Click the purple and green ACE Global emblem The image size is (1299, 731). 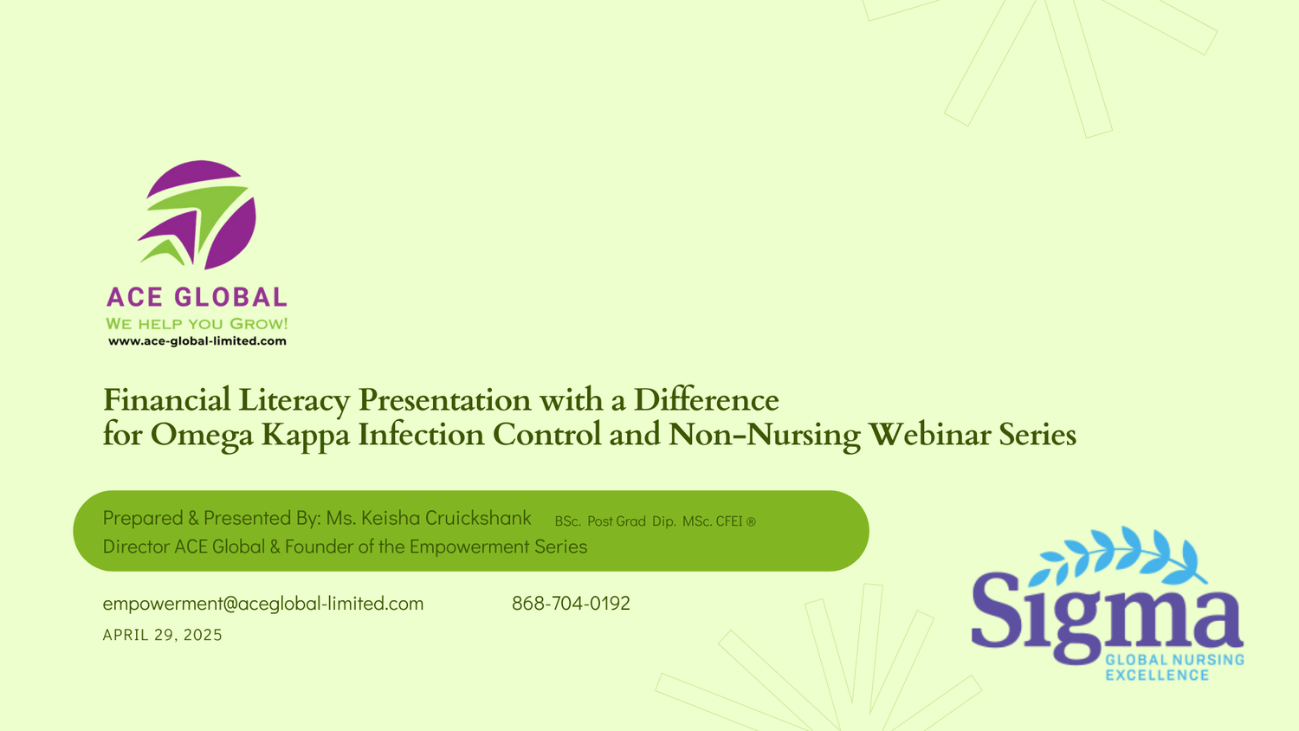tap(197, 215)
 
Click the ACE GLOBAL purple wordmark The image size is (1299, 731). tap(197, 297)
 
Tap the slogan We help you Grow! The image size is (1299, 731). tap(197, 324)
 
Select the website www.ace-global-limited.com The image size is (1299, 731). tap(197, 341)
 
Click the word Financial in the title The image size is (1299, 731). tap(166, 400)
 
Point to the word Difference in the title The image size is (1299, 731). tap(706, 400)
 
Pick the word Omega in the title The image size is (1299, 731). tap(202, 436)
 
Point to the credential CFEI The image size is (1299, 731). tap(729, 521)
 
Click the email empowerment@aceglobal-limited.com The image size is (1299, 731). tap(263, 604)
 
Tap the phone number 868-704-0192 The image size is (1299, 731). tap(571, 604)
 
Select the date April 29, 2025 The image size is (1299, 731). tap(163, 635)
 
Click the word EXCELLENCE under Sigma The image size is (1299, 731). tap(1157, 676)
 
